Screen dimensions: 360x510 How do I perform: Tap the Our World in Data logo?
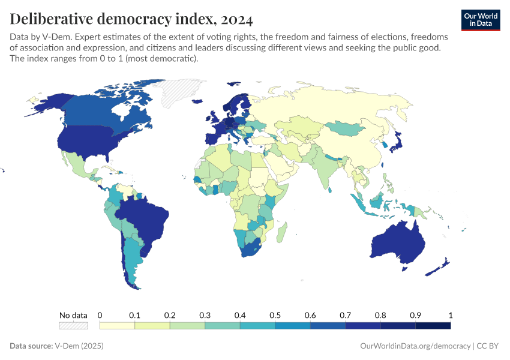click(480, 19)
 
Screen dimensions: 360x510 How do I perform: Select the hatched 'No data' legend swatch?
click(73, 325)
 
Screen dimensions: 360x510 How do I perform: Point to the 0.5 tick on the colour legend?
click(275, 315)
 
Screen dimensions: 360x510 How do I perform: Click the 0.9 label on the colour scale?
click(415, 315)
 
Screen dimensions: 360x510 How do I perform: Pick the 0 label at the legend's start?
click(100, 315)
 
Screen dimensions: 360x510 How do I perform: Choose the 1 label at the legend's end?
click(450, 315)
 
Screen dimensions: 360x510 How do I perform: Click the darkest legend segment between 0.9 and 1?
click(433, 325)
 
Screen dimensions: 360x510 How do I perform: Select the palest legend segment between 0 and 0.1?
click(117, 325)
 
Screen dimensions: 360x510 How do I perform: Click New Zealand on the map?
click(441, 266)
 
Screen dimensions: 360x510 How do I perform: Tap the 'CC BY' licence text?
click(488, 346)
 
